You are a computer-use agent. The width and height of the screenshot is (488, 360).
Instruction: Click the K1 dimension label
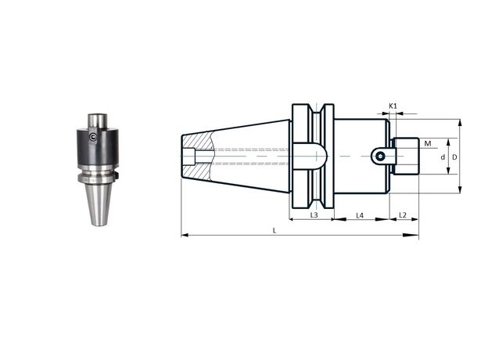click(393, 106)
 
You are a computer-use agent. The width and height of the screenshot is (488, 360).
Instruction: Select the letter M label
click(428, 143)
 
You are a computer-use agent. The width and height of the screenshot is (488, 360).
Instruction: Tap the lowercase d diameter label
click(443, 157)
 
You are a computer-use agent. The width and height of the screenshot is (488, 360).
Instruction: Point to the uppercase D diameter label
click(454, 157)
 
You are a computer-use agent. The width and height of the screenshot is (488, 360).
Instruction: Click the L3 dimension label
click(314, 215)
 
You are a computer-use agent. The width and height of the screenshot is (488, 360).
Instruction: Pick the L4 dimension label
click(360, 215)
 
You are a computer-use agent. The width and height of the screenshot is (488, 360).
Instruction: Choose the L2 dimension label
click(403, 215)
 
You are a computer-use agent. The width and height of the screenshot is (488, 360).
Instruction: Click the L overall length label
click(274, 230)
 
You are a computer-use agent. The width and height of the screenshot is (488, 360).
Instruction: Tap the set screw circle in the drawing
click(379, 156)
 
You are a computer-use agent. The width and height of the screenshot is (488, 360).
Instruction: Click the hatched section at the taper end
click(198, 156)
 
